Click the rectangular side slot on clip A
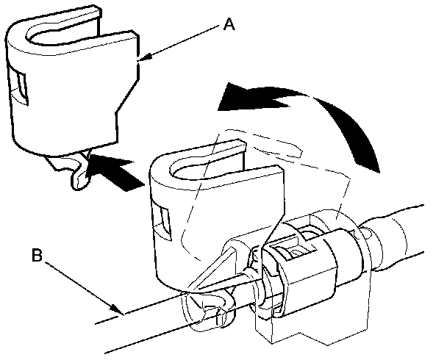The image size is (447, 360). coord(20,85)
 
